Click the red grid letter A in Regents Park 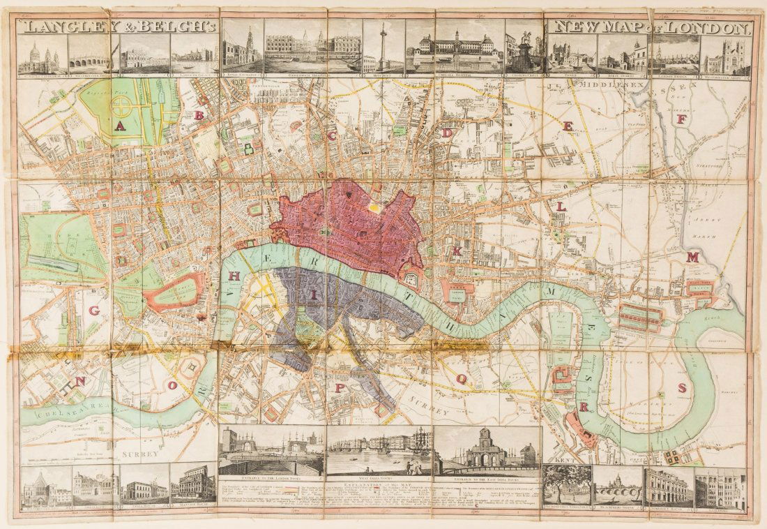point(121,126)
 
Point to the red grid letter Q point(461,378)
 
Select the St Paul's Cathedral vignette point(42,58)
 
